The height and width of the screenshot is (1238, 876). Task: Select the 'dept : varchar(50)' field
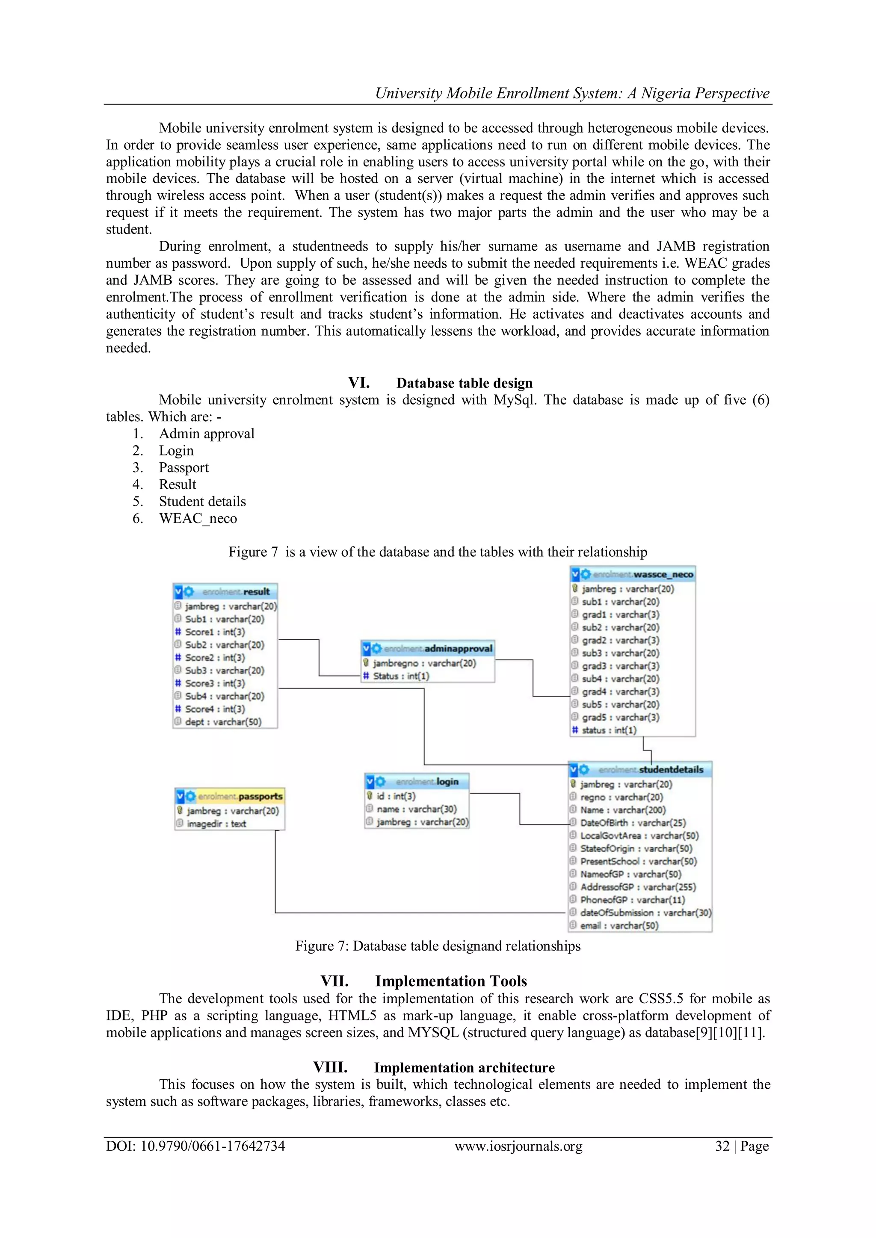click(223, 722)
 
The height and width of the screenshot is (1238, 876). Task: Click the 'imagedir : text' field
click(216, 824)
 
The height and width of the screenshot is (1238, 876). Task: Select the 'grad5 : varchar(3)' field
click(620, 718)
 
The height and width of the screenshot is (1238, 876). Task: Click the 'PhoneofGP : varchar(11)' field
click(632, 900)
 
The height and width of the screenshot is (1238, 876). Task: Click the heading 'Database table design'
click(465, 383)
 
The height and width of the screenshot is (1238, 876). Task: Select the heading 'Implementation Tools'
click(451, 981)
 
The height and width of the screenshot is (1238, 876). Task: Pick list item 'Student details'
click(202, 502)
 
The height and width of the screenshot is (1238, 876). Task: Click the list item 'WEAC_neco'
click(198, 518)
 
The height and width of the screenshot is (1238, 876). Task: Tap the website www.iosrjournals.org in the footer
click(518, 1146)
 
